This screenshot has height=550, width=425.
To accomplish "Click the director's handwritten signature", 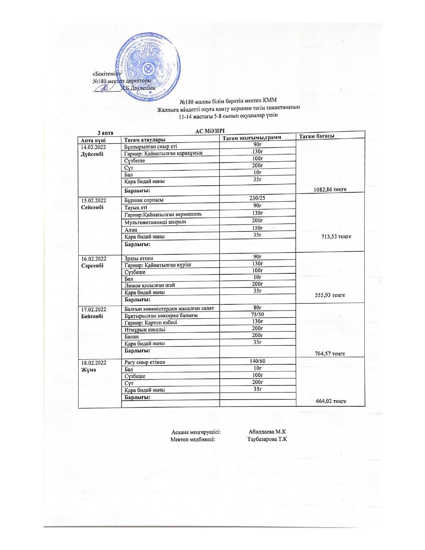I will [x=105, y=88].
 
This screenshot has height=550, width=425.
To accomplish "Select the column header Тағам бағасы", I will [x=316, y=136].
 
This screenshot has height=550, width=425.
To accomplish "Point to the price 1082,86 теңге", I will [x=330, y=189].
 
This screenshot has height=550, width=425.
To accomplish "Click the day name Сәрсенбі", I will [x=92, y=266].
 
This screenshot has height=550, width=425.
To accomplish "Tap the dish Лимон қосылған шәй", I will [x=150, y=285].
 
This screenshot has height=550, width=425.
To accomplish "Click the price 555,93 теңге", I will [x=330, y=295].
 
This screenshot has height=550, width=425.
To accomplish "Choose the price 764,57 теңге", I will [x=330, y=354].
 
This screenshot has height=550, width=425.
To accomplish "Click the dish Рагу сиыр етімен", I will [x=145, y=362].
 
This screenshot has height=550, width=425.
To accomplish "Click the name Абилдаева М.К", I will [x=267, y=431].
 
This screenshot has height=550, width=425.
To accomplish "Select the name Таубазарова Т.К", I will [x=267, y=439].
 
